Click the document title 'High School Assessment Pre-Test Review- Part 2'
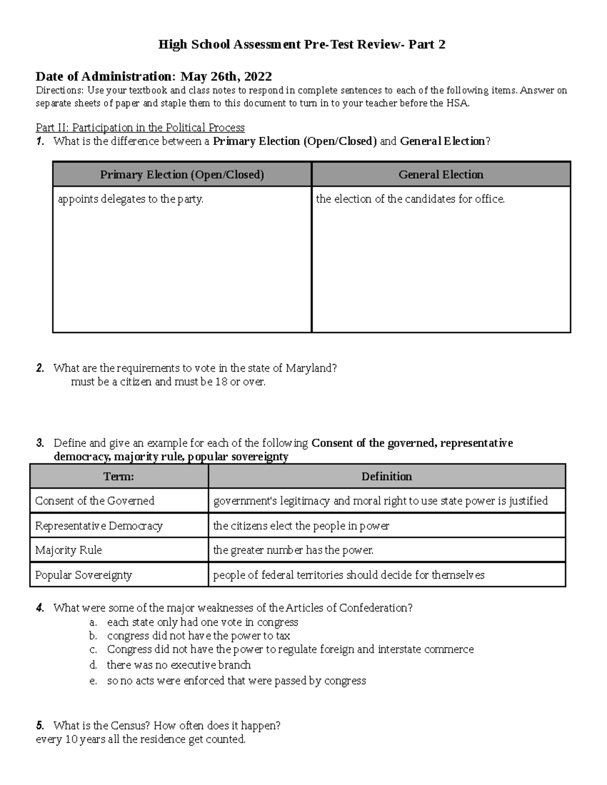301,44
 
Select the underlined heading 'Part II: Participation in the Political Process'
140,127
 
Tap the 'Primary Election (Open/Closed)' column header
182,174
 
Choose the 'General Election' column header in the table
441,174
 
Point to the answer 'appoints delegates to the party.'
131,199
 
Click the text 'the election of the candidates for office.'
410,199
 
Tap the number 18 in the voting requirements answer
221,382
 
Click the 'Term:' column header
119,476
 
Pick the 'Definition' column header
386,476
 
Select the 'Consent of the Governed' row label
95,501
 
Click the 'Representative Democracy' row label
99,526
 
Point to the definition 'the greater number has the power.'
293,550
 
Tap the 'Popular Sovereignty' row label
83,575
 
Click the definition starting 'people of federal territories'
349,575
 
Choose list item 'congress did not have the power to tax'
198,636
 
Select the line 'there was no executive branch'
179,665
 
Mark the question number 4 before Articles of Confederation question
40,608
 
